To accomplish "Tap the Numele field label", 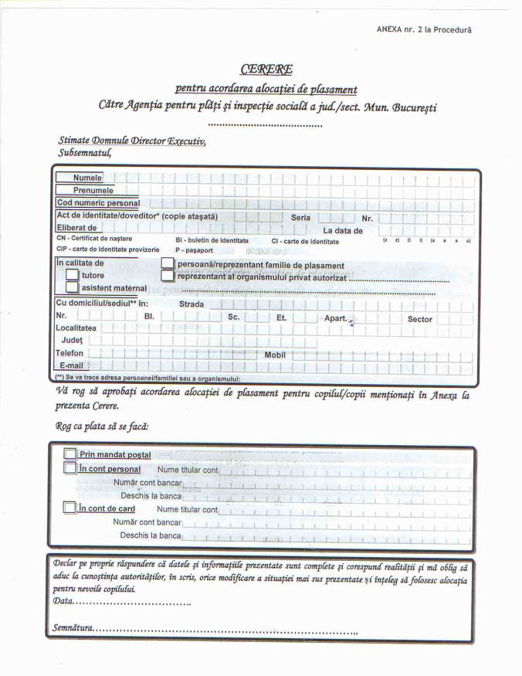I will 87,178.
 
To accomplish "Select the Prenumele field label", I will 93,190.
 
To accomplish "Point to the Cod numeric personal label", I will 97,203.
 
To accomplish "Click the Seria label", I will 300,217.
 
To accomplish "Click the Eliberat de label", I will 76,229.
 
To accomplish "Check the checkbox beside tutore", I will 73,275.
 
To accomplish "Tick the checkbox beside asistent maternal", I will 73,287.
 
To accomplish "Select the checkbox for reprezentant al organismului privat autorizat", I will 168,277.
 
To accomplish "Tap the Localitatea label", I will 75,328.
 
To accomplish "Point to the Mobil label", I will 275,355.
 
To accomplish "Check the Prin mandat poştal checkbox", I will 70,455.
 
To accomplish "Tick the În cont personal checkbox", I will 70,469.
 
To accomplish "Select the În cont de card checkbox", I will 70,508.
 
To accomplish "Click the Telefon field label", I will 69,352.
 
